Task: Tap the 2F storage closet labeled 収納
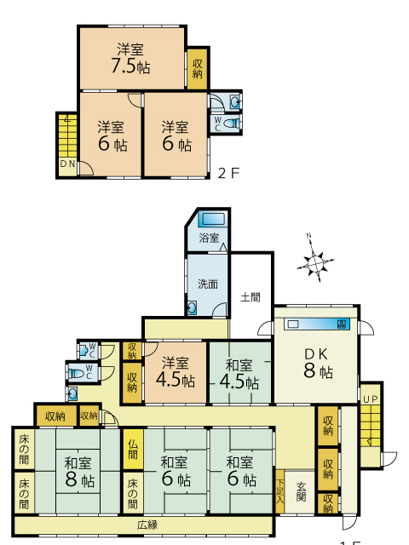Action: pyautogui.click(x=198, y=68)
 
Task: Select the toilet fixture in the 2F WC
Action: pyautogui.click(x=232, y=123)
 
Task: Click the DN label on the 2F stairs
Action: pyautogui.click(x=68, y=163)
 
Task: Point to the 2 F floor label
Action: pyautogui.click(x=229, y=173)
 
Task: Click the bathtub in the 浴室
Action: pyautogui.click(x=213, y=220)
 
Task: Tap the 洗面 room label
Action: pyautogui.click(x=208, y=284)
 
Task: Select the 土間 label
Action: pyautogui.click(x=251, y=297)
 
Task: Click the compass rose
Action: pyautogui.click(x=315, y=262)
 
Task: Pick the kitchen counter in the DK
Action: pyautogui.click(x=317, y=324)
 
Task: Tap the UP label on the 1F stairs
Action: pyautogui.click(x=371, y=399)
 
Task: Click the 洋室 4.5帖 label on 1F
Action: pyautogui.click(x=176, y=372)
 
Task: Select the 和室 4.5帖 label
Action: pyautogui.click(x=239, y=374)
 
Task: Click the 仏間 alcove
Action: pyautogui.click(x=133, y=449)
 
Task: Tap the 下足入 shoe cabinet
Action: pyautogui.click(x=280, y=491)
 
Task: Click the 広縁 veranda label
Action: pyautogui.click(x=147, y=525)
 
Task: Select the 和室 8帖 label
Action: pyautogui.click(x=79, y=473)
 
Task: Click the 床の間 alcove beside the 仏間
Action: pyautogui.click(x=133, y=492)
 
